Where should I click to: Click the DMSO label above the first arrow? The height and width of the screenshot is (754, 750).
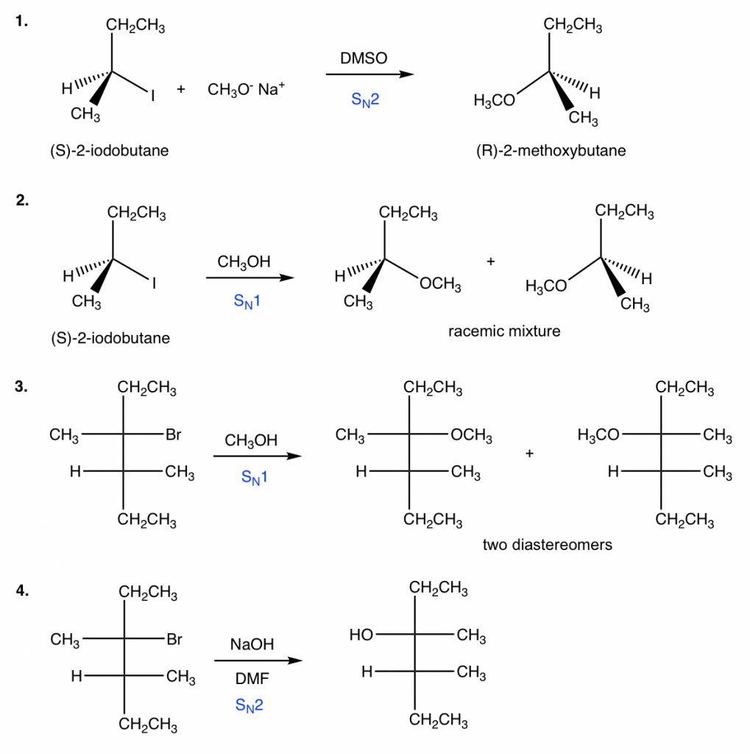coord(364,58)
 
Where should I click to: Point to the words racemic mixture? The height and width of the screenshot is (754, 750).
coord(504,331)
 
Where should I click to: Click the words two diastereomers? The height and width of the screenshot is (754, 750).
coord(548,545)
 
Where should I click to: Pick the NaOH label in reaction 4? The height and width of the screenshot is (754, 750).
coord(252,644)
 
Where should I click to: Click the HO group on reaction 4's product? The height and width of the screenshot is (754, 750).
coord(361,634)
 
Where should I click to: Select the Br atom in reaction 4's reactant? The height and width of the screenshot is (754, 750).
coord(174,640)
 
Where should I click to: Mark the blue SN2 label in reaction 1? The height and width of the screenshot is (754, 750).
coord(364,101)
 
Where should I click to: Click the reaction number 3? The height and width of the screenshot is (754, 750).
coord(23,389)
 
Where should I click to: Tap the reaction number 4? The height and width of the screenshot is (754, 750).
coord(23,593)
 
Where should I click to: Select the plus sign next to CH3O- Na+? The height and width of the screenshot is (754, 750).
coord(180,90)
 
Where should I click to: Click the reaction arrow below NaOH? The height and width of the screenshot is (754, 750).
coord(258,660)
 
